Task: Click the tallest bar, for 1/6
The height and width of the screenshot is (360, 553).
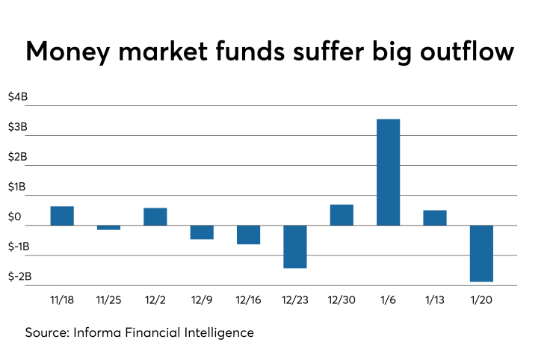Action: [388, 172]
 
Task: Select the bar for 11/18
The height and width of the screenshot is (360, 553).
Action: [62, 215]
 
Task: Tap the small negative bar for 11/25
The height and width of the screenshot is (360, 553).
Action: [108, 227]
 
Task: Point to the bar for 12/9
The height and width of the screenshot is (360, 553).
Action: [202, 232]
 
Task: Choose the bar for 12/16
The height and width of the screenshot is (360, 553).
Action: [248, 235]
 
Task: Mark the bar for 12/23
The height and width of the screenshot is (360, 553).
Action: [294, 246]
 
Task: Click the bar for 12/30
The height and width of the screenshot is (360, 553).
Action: [342, 214]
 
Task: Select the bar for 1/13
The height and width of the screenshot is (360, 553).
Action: [434, 217]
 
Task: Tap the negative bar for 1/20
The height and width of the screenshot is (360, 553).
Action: [481, 253]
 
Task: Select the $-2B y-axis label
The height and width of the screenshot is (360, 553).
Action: [19, 276]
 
